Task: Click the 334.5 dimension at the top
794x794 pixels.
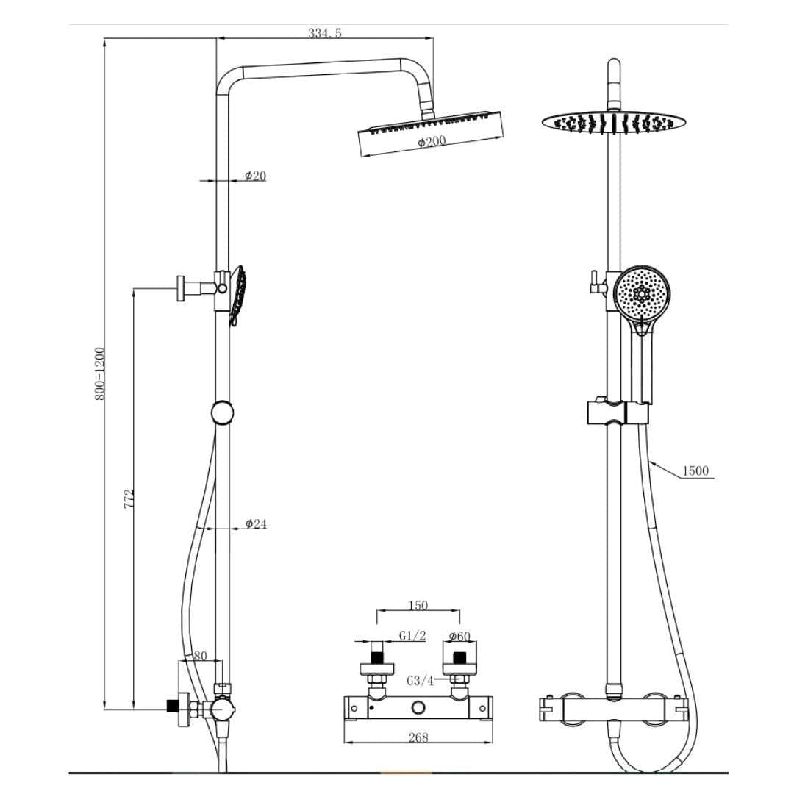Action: tap(325, 33)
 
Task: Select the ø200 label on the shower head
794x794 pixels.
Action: tap(432, 141)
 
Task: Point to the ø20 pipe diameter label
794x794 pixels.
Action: tap(255, 176)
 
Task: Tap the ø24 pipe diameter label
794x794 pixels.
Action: tap(256, 524)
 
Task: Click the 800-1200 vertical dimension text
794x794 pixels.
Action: tap(100, 374)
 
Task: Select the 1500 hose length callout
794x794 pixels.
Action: tap(696, 471)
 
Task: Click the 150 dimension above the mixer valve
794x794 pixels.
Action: tap(418, 607)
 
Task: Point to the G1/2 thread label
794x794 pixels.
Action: tap(412, 636)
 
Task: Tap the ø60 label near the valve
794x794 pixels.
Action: tap(459, 636)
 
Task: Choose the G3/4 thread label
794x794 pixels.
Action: tap(420, 681)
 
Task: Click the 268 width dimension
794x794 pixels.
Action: tap(418, 737)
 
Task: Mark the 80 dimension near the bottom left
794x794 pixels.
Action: tap(200, 655)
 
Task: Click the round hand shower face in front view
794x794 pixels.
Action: tap(642, 294)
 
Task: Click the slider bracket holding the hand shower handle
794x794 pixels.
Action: tap(618, 413)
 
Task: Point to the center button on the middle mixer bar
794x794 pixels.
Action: tap(419, 707)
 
